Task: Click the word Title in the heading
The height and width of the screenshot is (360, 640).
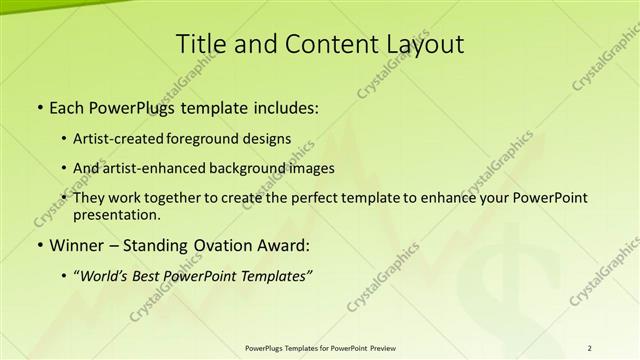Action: [198, 45]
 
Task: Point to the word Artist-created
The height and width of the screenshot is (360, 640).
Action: [122, 138]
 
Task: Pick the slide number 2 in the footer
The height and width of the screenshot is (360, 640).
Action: [590, 347]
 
